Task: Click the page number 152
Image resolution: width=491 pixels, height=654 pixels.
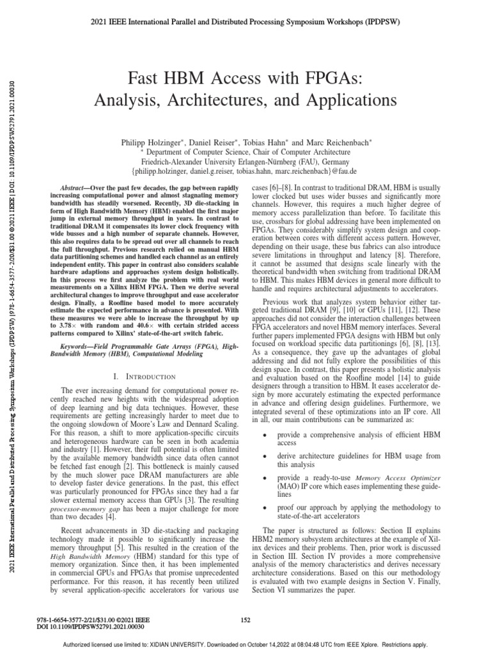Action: tap(245, 619)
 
